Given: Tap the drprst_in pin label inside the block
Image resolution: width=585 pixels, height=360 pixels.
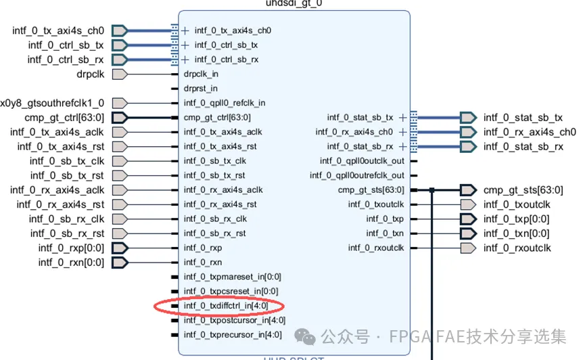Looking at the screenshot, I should tap(200, 88).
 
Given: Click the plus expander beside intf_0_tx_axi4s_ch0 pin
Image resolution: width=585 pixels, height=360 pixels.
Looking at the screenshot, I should tap(185, 30).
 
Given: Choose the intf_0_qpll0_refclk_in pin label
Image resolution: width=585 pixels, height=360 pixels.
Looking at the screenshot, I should tap(224, 103).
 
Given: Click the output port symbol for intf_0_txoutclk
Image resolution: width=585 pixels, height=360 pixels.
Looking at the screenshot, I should tap(468, 204).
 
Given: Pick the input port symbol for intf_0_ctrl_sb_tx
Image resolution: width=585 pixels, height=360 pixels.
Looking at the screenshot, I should tap(120, 45).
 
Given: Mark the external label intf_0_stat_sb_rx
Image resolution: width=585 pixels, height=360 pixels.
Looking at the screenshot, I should tap(523, 146).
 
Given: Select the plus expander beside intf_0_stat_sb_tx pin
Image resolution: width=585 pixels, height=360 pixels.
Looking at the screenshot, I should tap(403, 118).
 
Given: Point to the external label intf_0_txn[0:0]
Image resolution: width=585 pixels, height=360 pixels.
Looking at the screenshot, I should tap(516, 233).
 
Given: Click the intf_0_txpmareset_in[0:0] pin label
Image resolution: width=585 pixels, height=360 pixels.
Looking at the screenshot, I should tap(232, 277).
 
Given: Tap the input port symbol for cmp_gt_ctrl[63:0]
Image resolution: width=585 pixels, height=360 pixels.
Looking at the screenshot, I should tap(120, 118).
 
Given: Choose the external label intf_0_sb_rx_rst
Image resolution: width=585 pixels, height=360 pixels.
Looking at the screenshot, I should tap(67, 233).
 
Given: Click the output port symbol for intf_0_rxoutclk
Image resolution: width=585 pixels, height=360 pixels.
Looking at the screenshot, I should tap(468, 248).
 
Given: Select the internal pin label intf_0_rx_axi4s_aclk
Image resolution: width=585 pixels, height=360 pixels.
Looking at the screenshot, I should tap(223, 189).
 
